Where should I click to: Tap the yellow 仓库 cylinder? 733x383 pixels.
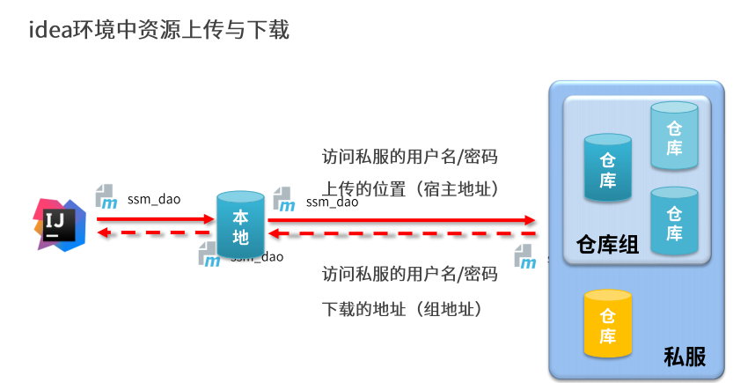(607, 324)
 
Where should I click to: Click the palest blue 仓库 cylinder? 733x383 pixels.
(674, 137)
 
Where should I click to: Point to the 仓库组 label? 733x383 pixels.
(606, 245)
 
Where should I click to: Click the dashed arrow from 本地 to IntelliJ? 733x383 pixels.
(154, 233)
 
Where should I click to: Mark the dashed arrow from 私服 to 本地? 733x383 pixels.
(400, 234)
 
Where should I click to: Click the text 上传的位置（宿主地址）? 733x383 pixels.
(411, 188)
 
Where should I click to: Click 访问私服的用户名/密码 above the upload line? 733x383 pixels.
(410, 157)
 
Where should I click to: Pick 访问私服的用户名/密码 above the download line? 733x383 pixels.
(410, 274)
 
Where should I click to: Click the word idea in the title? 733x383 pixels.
(47, 31)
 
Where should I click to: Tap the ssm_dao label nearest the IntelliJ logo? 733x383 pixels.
(154, 199)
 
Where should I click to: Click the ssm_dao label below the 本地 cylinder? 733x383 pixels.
(257, 257)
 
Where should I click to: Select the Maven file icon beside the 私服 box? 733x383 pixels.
(525, 258)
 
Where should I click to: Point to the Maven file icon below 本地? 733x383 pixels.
(209, 255)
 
